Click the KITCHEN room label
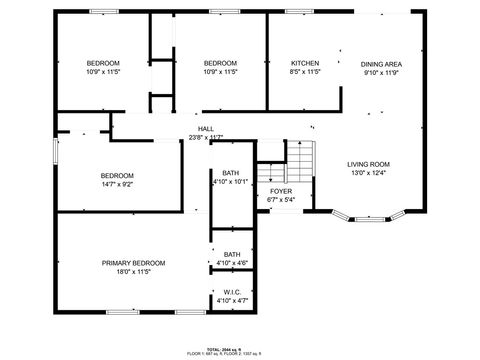click(x=305, y=63)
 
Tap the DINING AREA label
click(x=381, y=64)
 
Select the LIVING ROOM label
click(x=368, y=164)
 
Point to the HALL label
click(x=205, y=128)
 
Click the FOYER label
click(x=281, y=190)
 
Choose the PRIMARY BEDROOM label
click(x=133, y=262)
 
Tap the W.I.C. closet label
click(x=232, y=292)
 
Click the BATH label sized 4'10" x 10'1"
click(x=231, y=172)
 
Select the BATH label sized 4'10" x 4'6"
click(x=232, y=254)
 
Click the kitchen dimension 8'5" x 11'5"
click(x=305, y=72)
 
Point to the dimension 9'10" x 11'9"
click(x=381, y=73)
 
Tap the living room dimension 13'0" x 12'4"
click(x=368, y=173)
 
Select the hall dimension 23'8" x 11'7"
click(x=205, y=137)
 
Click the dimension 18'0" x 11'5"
click(x=133, y=271)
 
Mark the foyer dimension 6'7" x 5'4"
click(x=281, y=199)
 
